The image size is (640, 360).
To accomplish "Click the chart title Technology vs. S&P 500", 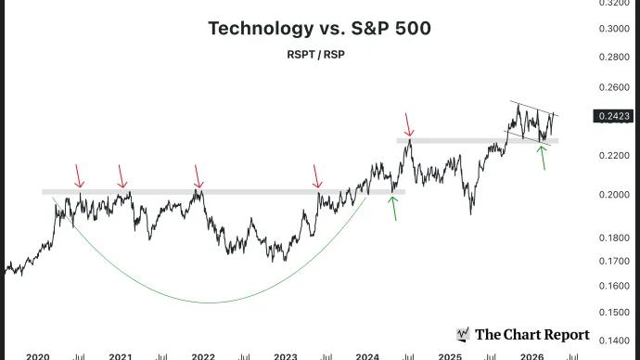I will click(x=319, y=28).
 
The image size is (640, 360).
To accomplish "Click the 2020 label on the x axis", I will click(x=37, y=355).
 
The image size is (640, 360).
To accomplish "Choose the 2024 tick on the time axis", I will click(x=367, y=355).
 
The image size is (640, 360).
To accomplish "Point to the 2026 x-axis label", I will click(x=531, y=355).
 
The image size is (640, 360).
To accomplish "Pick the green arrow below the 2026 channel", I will click(x=543, y=158).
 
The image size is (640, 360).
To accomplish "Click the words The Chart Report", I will click(x=531, y=334).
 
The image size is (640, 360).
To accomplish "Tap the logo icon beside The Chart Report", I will click(x=463, y=334).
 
